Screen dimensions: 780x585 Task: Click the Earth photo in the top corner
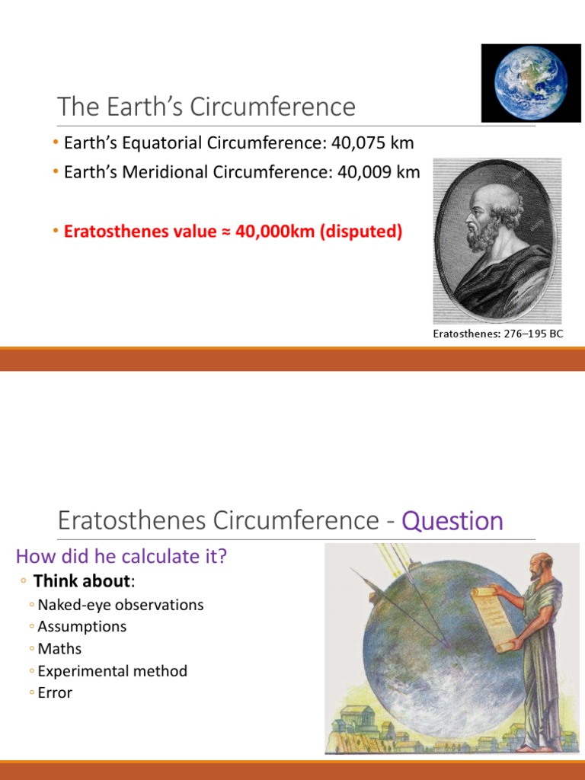pos(531,83)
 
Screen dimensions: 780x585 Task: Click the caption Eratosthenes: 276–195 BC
pos(497,334)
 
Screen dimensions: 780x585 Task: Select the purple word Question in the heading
pos(452,522)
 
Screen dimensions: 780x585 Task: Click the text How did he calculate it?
pos(122,557)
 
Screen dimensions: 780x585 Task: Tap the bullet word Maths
pos(59,649)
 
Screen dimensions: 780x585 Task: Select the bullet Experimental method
pos(112,671)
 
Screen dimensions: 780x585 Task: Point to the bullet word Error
pos(55,693)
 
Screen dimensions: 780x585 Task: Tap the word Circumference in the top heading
pos(273,107)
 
